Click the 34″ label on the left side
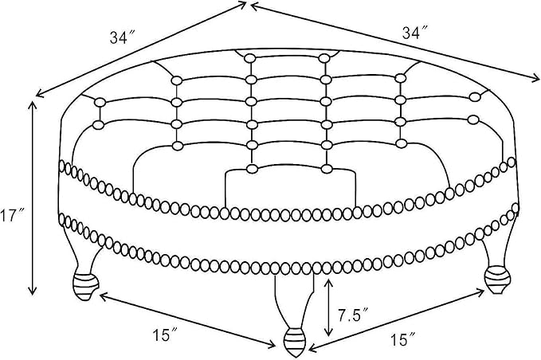click(x=123, y=37)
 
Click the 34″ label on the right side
click(x=415, y=33)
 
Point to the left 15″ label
click(x=165, y=335)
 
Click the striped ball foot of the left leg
click(x=85, y=286)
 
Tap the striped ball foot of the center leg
click(x=295, y=342)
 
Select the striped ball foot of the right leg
click(x=497, y=280)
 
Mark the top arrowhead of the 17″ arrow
click(x=33, y=104)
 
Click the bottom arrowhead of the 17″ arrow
click(x=33, y=292)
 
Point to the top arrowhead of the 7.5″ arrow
click(x=328, y=282)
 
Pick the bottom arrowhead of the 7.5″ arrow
click(x=329, y=333)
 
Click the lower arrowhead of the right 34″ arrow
click(x=535, y=78)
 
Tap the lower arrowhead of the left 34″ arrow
click(x=39, y=93)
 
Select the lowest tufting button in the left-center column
click(x=253, y=169)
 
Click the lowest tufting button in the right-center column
click(x=327, y=169)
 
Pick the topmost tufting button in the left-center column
click(x=249, y=58)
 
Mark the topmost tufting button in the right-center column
click(x=323, y=58)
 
